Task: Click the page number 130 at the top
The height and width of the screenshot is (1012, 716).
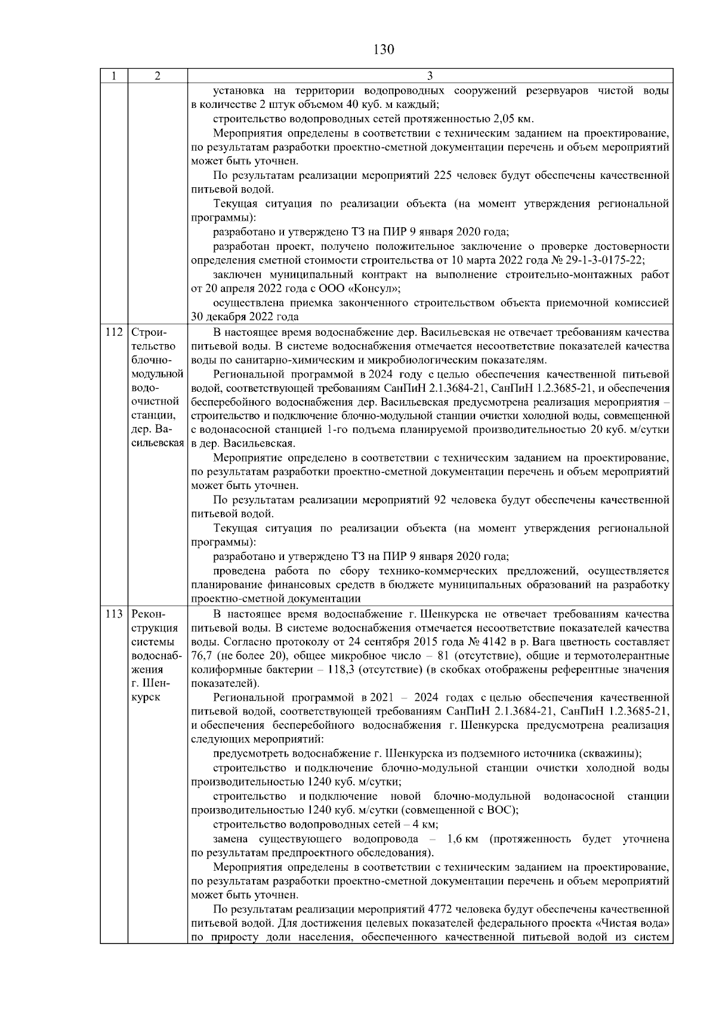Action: pyautogui.click(x=384, y=49)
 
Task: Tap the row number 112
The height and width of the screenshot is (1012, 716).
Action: pyautogui.click(x=114, y=332)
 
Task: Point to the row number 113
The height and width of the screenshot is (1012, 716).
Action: pyautogui.click(x=114, y=614)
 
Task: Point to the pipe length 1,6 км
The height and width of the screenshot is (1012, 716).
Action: pyautogui.click(x=464, y=839)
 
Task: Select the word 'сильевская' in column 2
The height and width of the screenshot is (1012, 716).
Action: pyautogui.click(x=158, y=444)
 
